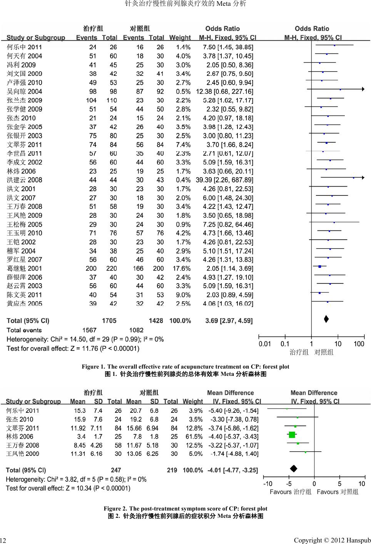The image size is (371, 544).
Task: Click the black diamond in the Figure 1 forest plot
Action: coord(326,319)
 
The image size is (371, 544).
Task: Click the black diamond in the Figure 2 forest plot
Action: coord(294,468)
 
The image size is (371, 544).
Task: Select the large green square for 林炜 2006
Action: coord(292,435)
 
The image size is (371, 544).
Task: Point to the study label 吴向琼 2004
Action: coord(24,92)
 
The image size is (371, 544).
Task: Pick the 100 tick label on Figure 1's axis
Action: coord(359,344)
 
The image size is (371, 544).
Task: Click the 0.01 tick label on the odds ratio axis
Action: coord(265,344)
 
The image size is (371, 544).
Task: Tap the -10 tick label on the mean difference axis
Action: coord(267,484)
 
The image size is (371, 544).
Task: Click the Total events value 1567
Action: coord(89,330)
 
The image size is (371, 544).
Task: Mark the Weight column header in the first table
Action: coord(180,38)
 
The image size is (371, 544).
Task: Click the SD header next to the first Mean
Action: coord(99,402)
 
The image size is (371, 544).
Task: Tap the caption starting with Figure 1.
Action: coord(185,367)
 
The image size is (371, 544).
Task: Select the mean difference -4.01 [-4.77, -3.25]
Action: coord(232,470)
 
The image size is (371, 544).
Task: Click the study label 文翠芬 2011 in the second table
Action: coord(23,428)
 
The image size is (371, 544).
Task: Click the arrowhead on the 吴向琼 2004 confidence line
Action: coord(363,89)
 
